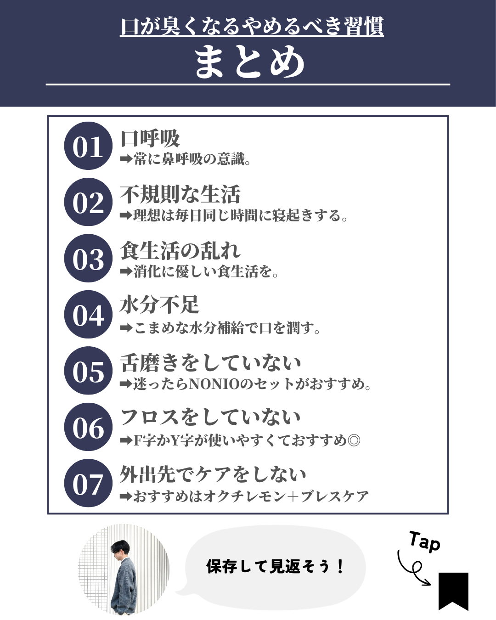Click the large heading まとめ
(250, 62)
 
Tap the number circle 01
(88, 146)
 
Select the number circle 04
(88, 314)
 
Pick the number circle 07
(88, 483)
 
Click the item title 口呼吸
(150, 139)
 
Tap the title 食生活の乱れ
(180, 251)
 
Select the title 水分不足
(160, 304)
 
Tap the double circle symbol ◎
(354, 440)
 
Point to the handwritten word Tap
(424, 542)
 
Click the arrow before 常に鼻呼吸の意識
(126, 159)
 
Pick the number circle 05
(88, 371)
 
